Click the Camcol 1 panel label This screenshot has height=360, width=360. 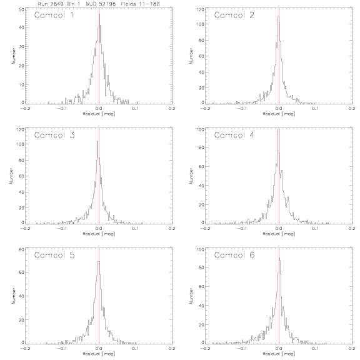click(54, 15)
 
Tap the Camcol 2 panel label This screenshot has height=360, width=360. click(234, 15)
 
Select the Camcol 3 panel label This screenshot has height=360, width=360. click(54, 135)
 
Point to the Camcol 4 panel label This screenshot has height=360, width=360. click(234, 135)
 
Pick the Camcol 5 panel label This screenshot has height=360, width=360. click(54, 255)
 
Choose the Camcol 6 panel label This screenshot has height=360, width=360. click(234, 255)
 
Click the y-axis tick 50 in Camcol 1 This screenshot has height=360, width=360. click(21, 9)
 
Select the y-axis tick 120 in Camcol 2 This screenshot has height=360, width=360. click(201, 9)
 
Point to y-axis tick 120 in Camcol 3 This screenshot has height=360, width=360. click(21, 129)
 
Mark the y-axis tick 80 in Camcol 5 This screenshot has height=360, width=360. click(21, 249)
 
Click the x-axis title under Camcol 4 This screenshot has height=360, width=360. click(279, 234)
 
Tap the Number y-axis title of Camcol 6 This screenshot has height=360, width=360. click(191, 296)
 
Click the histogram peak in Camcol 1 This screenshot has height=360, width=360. click(99, 14)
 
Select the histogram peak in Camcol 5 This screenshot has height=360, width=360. click(99, 261)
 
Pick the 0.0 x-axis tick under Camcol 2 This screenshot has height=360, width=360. click(279, 108)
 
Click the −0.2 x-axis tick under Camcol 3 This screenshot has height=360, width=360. click(26, 229)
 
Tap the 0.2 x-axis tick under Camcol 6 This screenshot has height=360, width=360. click(352, 349)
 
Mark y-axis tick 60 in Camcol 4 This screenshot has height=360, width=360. click(201, 166)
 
